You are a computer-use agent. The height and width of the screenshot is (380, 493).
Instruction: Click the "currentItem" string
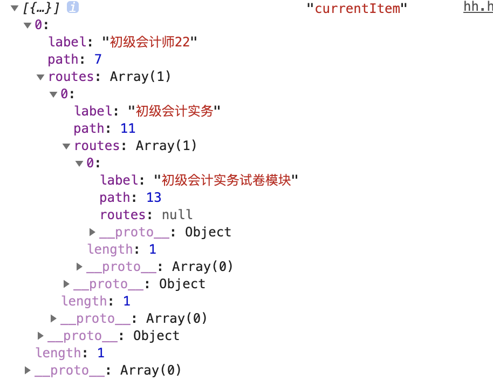(357, 8)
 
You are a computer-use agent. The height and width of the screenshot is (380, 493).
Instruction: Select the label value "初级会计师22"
(150, 42)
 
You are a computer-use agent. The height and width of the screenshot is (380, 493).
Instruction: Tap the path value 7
(98, 59)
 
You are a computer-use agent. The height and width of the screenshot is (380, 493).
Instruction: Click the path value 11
(128, 128)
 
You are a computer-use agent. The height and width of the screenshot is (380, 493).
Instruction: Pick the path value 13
(154, 198)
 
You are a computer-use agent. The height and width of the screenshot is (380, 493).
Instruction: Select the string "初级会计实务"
(175, 111)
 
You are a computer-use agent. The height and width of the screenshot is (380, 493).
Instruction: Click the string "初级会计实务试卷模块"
(227, 180)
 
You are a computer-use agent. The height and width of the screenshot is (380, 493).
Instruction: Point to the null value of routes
(177, 215)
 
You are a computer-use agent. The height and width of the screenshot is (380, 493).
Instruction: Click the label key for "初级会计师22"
(66, 42)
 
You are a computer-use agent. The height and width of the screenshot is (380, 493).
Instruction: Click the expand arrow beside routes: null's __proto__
(92, 232)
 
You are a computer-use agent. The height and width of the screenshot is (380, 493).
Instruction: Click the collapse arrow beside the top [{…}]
(14, 8)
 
